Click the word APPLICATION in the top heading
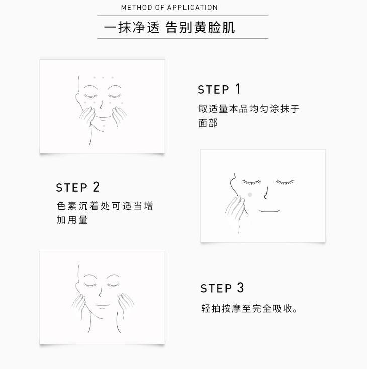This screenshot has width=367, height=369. [x=193, y=8]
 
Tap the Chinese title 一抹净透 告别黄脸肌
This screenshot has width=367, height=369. [x=169, y=27]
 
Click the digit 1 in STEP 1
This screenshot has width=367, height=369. [x=238, y=89]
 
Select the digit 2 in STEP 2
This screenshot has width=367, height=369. [x=96, y=187]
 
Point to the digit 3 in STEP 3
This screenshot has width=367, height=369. [x=240, y=288]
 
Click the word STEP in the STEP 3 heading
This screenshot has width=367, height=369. [x=216, y=288]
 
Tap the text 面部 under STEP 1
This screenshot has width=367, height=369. [x=208, y=123]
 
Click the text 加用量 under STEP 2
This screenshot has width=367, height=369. [x=72, y=220]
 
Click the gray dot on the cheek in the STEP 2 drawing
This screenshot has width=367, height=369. [x=250, y=195]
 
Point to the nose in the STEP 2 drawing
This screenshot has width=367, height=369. [x=266, y=193]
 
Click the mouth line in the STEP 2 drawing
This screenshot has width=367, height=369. [x=269, y=211]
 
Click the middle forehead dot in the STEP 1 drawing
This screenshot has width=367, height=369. [x=103, y=77]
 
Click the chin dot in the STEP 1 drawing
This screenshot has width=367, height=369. [x=104, y=126]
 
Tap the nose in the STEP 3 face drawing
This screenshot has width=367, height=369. [x=100, y=292]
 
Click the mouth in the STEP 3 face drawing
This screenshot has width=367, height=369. [x=102, y=306]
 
